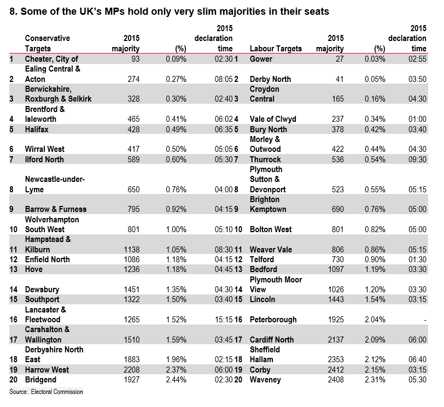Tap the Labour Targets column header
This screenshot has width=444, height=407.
point(275,49)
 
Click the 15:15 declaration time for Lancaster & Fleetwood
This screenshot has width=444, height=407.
point(221,319)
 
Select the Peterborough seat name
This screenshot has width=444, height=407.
point(273,319)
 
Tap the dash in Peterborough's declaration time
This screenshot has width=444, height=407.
point(424,319)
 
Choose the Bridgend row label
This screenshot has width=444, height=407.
point(43,379)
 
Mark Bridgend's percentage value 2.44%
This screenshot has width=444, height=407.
point(176,379)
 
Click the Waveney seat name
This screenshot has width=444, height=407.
point(265,379)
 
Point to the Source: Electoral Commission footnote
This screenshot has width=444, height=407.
point(46,392)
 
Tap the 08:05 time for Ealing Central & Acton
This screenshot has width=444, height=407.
point(221,79)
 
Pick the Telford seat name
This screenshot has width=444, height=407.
point(262,259)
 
